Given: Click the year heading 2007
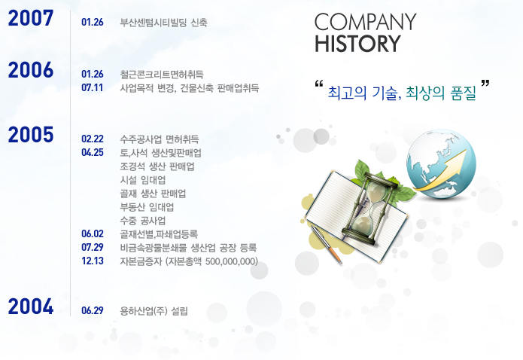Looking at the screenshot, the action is click(x=31, y=18).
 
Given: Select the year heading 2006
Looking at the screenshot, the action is click(x=31, y=70).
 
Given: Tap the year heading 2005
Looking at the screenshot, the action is click(x=31, y=135).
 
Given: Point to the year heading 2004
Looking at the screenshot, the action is click(x=31, y=307).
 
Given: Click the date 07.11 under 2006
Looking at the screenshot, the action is click(x=93, y=88).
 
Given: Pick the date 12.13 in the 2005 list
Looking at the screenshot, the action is click(x=93, y=261).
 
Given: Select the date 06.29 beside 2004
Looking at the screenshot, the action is click(x=93, y=310).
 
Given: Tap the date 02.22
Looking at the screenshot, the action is click(x=93, y=139).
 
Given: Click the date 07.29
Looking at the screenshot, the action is click(x=93, y=248).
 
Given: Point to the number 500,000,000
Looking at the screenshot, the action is click(x=230, y=261).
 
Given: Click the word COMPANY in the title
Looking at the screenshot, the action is click(x=365, y=22).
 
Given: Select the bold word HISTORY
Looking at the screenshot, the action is click(x=357, y=44).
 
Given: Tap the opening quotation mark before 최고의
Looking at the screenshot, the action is click(x=319, y=84).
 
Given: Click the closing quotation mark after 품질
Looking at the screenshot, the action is click(x=485, y=83).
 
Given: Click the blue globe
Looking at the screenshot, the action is click(x=441, y=164).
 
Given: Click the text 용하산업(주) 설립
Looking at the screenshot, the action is click(x=154, y=311).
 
